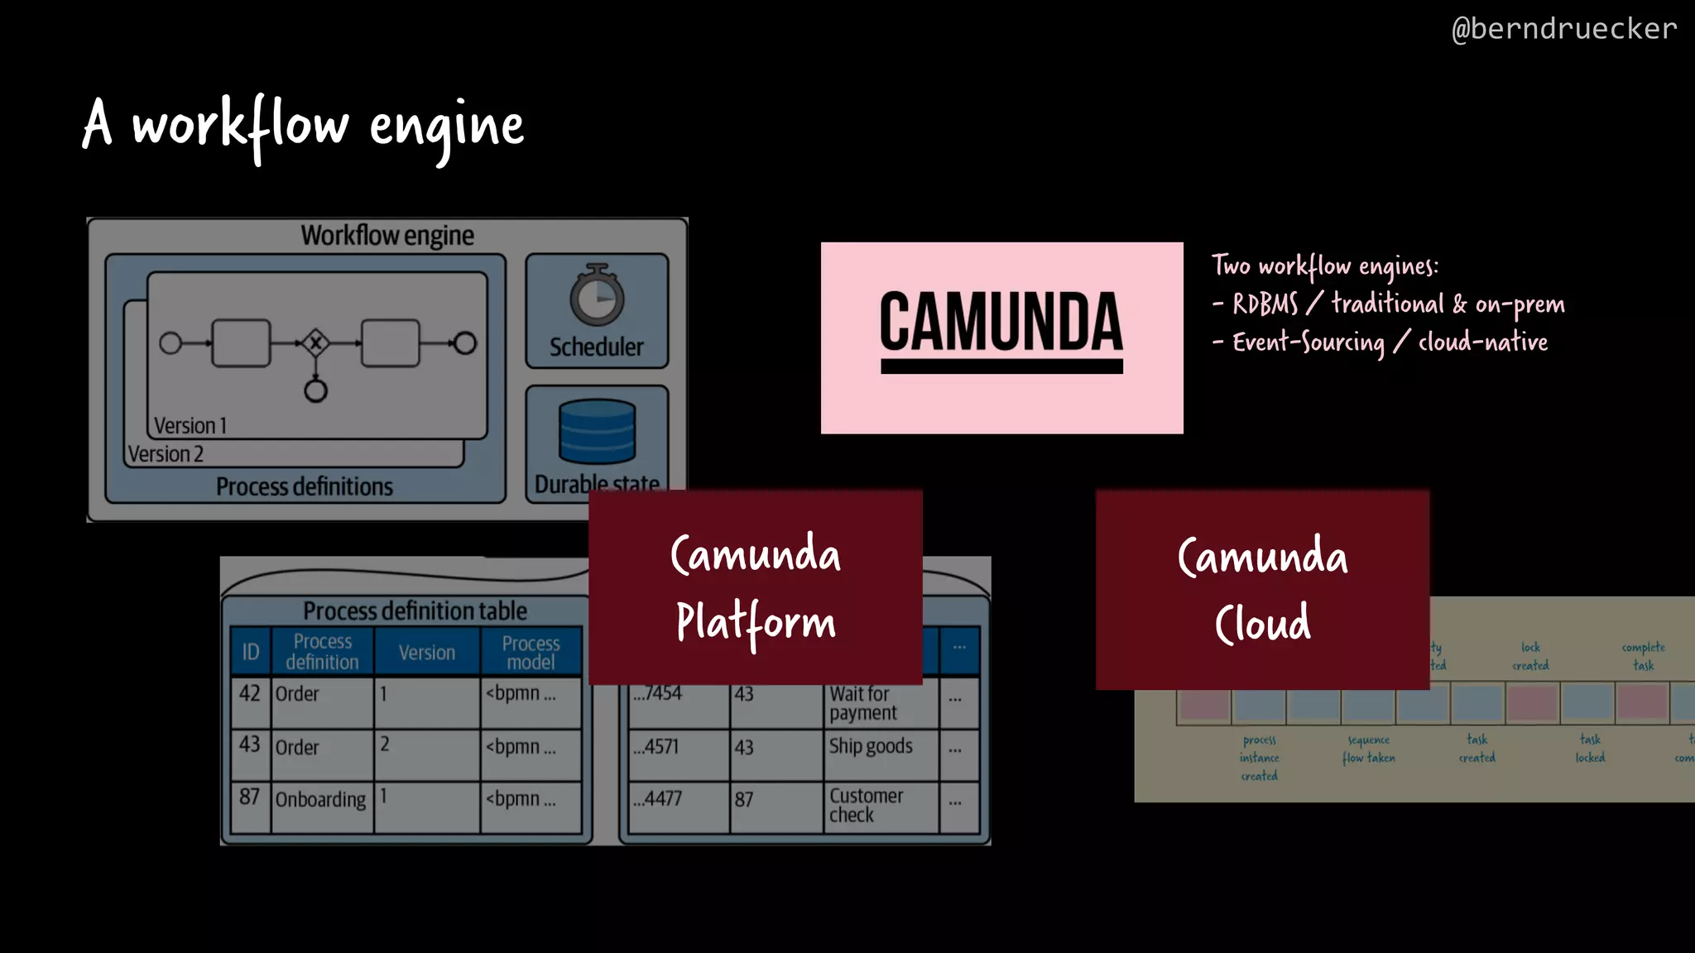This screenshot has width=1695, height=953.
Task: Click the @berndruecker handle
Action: pyautogui.click(x=1563, y=29)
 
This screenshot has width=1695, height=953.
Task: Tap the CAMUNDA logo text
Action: pyautogui.click(x=1001, y=322)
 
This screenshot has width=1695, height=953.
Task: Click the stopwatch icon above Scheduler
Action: pyautogui.click(x=597, y=295)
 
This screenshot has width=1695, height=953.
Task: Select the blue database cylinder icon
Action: pyautogui.click(x=597, y=431)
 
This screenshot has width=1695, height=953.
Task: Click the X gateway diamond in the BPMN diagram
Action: pyautogui.click(x=315, y=342)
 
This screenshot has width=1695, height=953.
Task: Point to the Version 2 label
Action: pyautogui.click(x=166, y=454)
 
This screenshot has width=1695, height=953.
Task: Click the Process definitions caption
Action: pyautogui.click(x=304, y=486)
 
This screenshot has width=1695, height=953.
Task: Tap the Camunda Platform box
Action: pyautogui.click(x=755, y=587)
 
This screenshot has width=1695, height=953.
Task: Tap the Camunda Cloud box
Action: pyautogui.click(x=1262, y=589)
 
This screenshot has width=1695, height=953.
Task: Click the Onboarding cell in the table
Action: pyautogui.click(x=320, y=800)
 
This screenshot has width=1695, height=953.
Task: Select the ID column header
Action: pyautogui.click(x=250, y=652)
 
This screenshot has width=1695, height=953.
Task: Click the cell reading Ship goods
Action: pyautogui.click(x=871, y=746)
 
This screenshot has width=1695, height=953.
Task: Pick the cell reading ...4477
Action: pyautogui.click(x=658, y=799)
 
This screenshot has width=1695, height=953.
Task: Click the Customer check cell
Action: pyautogui.click(x=866, y=805)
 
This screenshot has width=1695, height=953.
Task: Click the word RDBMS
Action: pyautogui.click(x=1265, y=304)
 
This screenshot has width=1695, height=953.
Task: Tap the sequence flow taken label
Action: pyautogui.click(x=1368, y=749)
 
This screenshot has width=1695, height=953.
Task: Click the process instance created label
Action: pyautogui.click(x=1259, y=758)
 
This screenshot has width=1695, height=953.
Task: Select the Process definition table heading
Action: pyautogui.click(x=415, y=611)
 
